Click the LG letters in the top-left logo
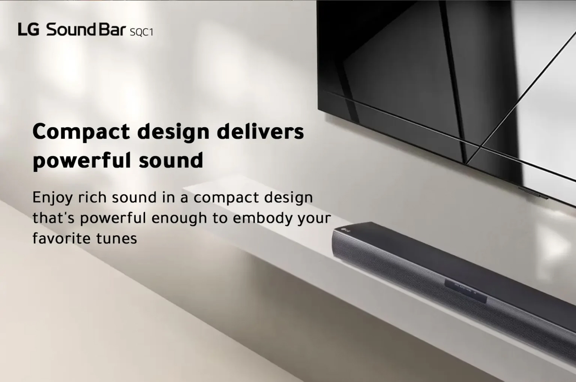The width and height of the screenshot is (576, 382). tap(28, 30)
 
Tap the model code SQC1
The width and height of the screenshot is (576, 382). tap(142, 32)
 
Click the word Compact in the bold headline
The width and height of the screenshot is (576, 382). tap(81, 132)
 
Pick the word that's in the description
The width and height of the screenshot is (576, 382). tap(54, 218)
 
